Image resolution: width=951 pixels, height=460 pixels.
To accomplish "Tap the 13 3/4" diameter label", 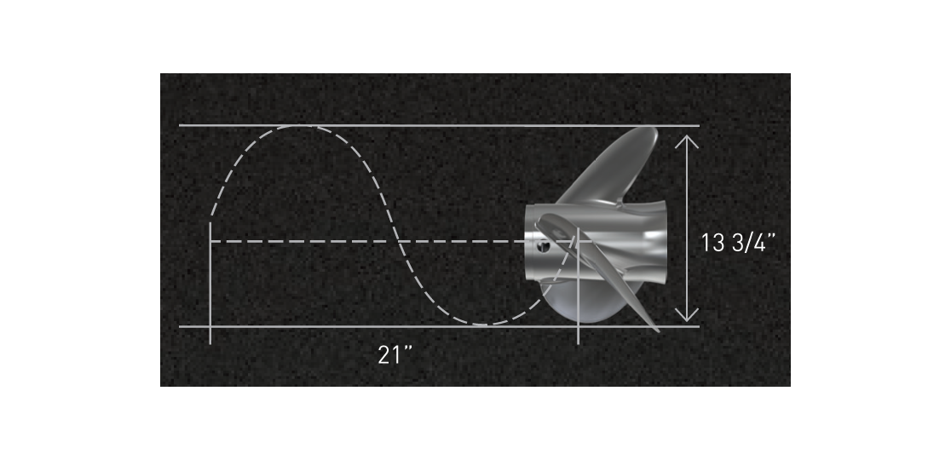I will (739, 243).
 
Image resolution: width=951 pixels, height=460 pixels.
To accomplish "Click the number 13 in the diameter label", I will (713, 243).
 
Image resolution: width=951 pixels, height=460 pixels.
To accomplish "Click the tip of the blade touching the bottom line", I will (655, 329).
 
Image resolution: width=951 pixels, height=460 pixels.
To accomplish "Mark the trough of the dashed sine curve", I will (486, 325).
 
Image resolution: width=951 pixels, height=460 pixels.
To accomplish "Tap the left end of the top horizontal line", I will (181, 126).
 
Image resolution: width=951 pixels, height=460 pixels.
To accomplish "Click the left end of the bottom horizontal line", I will (181, 326).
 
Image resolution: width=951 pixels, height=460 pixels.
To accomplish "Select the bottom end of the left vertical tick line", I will (210, 342).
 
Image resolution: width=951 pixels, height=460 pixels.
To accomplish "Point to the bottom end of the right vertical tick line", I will (579, 342).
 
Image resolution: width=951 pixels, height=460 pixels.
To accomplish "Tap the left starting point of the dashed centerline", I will (211, 242).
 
